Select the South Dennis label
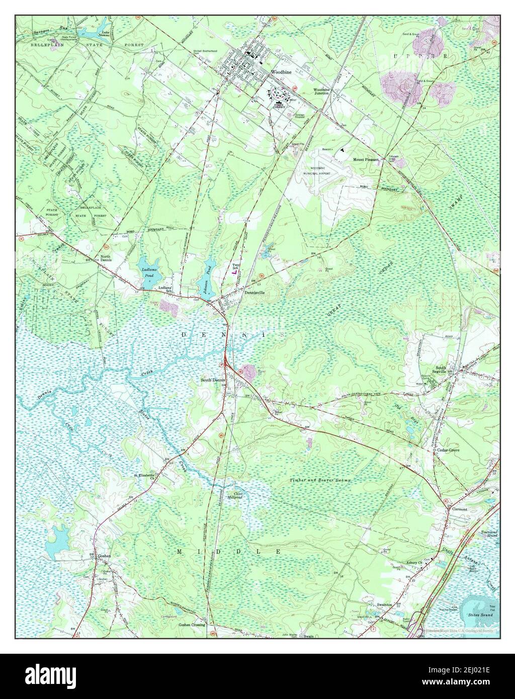pos(213,380)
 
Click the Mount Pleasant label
pos(365,159)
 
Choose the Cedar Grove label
pos(448,450)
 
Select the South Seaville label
pos(441,370)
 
